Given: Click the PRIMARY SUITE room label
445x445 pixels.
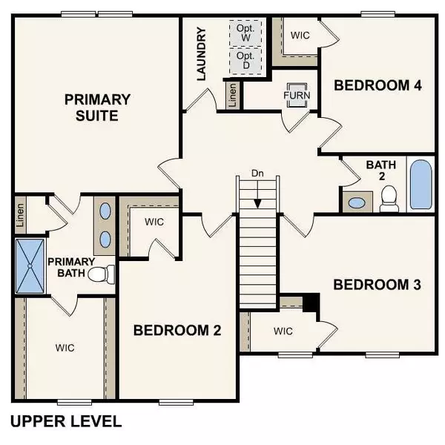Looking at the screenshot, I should (97, 108).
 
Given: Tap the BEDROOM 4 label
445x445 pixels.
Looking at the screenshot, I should (378, 85).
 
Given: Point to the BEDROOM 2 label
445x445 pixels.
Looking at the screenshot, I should (177, 331).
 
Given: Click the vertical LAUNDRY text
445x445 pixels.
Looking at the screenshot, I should (200, 53).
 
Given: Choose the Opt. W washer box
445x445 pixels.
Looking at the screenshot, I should (245, 33).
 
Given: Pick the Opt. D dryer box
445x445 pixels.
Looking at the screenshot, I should (245, 61).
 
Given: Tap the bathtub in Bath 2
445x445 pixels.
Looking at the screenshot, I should (421, 186).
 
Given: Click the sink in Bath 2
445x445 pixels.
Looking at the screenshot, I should (359, 202).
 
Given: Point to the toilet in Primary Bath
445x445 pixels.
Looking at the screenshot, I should (102, 274).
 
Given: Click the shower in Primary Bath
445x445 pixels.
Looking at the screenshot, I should (30, 266).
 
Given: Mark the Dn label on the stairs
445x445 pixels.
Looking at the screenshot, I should (257, 174).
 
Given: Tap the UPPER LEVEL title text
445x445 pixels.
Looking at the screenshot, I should (65, 422).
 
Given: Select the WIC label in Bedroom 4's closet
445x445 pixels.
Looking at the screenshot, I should (300, 34).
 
